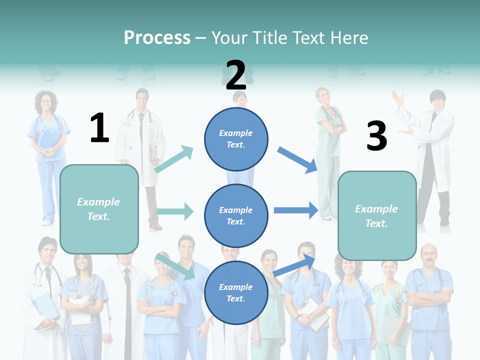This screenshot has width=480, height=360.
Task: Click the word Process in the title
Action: click(157, 37)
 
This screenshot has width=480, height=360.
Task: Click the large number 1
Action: click(99, 128)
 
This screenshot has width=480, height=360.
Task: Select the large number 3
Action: click(376, 136)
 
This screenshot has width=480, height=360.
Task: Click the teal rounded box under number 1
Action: click(99, 209)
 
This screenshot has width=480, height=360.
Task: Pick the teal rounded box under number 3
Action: click(377, 215)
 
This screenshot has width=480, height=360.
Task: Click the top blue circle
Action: click(236, 139)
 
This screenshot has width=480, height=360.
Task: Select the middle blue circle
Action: click(236, 215)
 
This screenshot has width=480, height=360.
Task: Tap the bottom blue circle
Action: click(236, 292)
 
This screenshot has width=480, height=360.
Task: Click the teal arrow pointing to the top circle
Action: click(174, 159)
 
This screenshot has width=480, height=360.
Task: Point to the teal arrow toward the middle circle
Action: click(175, 211)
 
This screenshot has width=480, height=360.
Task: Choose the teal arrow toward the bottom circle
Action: click(175, 266)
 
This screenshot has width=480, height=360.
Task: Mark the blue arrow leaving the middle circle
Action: click(296, 210)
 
